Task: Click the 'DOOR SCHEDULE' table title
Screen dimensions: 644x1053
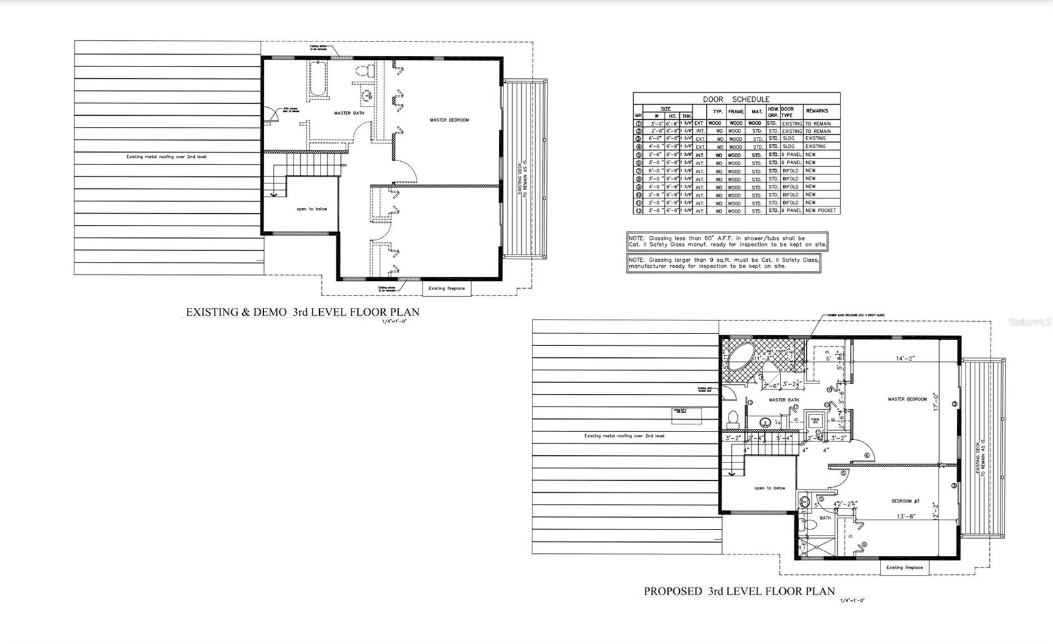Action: click(x=736, y=99)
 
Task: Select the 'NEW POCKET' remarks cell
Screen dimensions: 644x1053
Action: click(x=821, y=211)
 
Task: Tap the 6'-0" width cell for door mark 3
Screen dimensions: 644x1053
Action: click(x=655, y=139)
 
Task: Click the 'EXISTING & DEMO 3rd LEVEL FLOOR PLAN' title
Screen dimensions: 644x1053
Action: click(x=302, y=312)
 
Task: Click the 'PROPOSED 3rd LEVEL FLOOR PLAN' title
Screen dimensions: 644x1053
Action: click(x=739, y=591)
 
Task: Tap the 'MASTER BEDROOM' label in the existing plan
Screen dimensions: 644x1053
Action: click(x=449, y=120)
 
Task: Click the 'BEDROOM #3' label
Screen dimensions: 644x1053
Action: click(x=905, y=502)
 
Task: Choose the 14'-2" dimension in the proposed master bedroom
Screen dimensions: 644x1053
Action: click(x=906, y=359)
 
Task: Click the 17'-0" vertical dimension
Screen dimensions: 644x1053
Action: click(x=936, y=401)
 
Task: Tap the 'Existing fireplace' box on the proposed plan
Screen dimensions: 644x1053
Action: click(x=904, y=568)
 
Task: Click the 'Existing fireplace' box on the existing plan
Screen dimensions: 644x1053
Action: click(x=446, y=289)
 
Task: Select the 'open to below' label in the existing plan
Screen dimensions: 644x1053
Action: click(x=311, y=209)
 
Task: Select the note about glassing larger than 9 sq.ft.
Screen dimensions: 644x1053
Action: click(x=723, y=263)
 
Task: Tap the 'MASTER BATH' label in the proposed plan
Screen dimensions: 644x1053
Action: click(x=783, y=400)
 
